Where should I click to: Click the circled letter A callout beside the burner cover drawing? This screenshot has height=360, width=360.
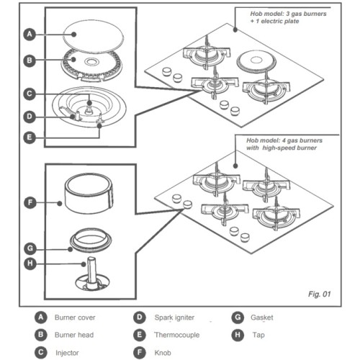coord(30,35)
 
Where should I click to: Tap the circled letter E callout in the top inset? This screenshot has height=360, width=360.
coord(30,138)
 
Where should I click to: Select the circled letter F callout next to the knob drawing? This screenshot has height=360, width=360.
coord(30,202)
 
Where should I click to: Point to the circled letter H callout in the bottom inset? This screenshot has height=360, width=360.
coord(30,264)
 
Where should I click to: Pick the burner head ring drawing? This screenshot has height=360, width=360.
coord(91,66)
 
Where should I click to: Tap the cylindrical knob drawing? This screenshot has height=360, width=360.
coord(89,194)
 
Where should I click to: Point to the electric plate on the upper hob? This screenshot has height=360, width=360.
coord(256,60)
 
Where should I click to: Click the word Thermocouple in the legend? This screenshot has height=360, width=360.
coord(177,335)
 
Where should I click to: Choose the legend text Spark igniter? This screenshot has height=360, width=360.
coord(174,318)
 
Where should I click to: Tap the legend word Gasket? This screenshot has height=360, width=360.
coord(262,318)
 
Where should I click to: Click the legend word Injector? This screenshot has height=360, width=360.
coord(67,353)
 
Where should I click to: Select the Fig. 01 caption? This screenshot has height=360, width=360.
coord(319,294)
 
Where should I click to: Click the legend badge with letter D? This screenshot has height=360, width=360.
coord(140,318)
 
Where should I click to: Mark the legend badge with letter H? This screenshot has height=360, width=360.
coord(238,335)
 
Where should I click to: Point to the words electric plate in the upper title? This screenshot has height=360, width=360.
coord(280,21)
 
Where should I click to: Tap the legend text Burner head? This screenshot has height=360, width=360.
coord(74,335)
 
